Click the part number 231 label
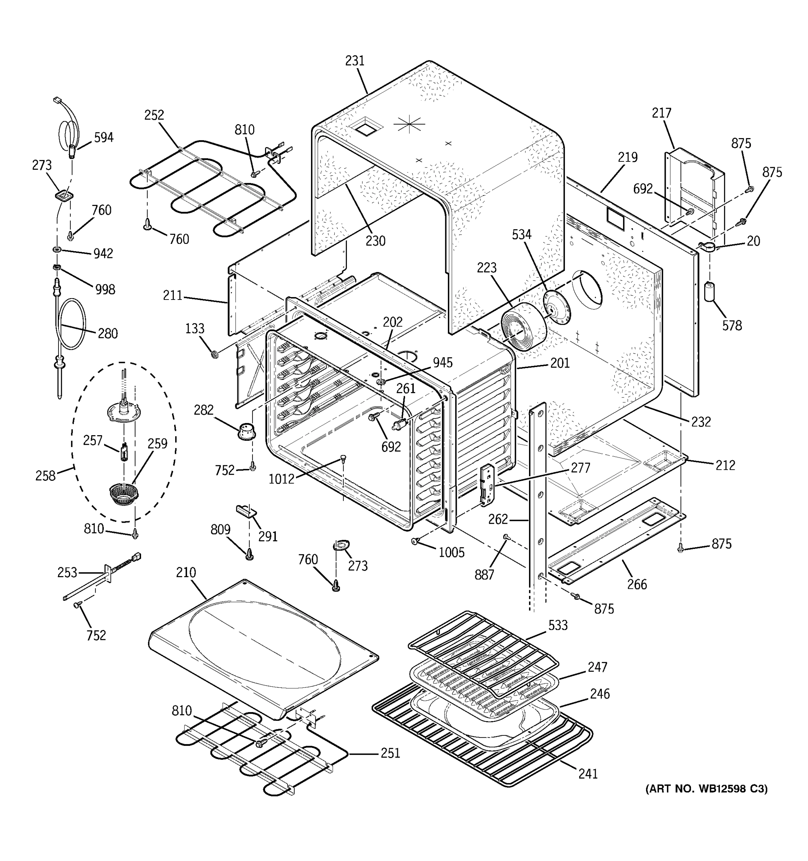click(x=354, y=61)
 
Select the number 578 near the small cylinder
click(x=732, y=325)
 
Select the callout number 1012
click(x=281, y=479)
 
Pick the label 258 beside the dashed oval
click(x=46, y=476)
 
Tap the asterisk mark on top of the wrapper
click(x=409, y=125)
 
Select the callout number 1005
click(x=451, y=552)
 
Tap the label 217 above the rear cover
click(x=661, y=113)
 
